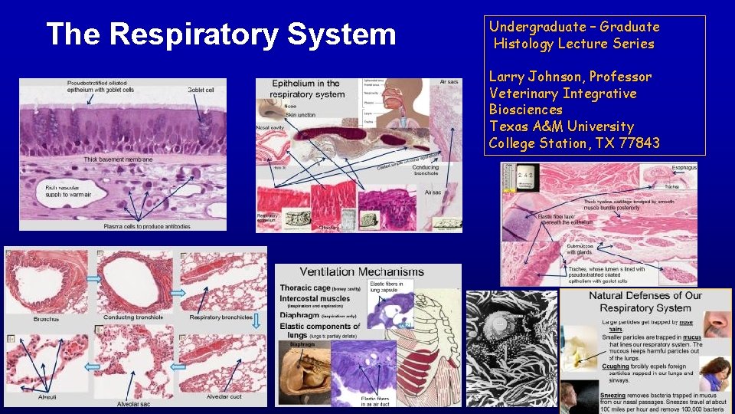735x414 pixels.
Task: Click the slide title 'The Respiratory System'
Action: (220, 34)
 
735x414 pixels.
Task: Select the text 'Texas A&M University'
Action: (561, 127)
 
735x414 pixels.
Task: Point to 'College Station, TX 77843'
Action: (574, 143)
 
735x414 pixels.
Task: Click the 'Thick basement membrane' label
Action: (118, 159)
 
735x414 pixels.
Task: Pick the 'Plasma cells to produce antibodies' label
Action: (145, 228)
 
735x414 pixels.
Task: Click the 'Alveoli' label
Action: (47, 397)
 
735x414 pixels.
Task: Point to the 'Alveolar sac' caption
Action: (132, 403)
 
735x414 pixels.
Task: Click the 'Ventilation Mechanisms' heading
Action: (361, 272)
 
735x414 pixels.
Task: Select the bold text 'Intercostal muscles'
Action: (315, 298)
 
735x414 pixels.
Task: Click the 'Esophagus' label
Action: (684, 166)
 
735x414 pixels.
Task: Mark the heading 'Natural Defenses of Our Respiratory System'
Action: (645, 301)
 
